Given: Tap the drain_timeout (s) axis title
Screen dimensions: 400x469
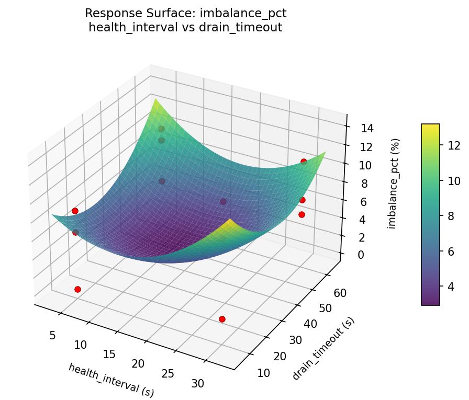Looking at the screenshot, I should (323, 348).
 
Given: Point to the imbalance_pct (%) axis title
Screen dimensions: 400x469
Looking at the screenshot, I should (396, 184).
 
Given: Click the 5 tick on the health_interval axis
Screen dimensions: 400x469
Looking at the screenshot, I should (52, 335).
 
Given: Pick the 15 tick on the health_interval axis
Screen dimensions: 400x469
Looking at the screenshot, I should (109, 354).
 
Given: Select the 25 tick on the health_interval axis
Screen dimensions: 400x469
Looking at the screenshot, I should (167, 373).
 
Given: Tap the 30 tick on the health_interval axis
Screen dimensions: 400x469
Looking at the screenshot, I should (198, 383).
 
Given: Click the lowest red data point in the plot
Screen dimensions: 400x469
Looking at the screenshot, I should (222, 319).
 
